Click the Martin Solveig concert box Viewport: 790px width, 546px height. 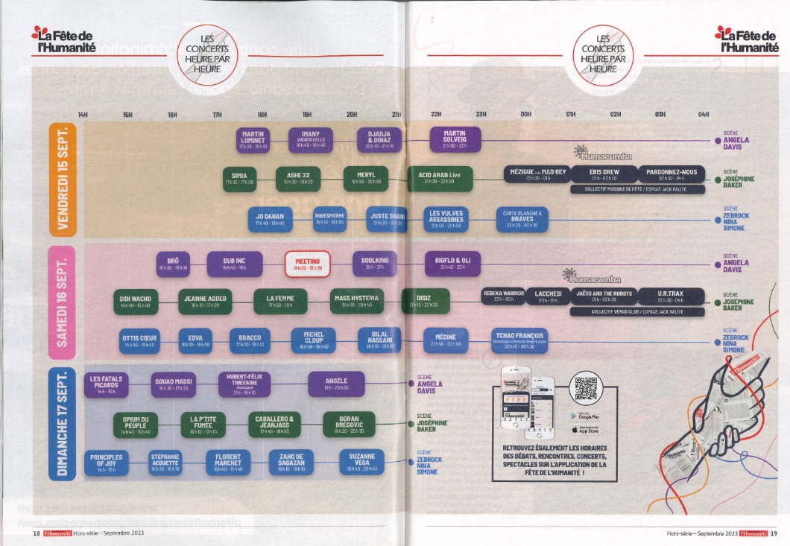(455, 138)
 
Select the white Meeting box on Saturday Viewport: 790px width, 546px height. (308, 264)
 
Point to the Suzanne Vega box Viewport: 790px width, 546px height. (361, 461)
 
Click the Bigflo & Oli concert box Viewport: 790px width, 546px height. (458, 263)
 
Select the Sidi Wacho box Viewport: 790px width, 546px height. (136, 302)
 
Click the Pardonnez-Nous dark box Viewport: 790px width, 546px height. (671, 174)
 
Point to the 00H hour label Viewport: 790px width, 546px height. (526, 114)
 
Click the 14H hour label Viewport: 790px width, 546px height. (83, 114)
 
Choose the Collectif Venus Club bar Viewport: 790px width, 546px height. (637, 311)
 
